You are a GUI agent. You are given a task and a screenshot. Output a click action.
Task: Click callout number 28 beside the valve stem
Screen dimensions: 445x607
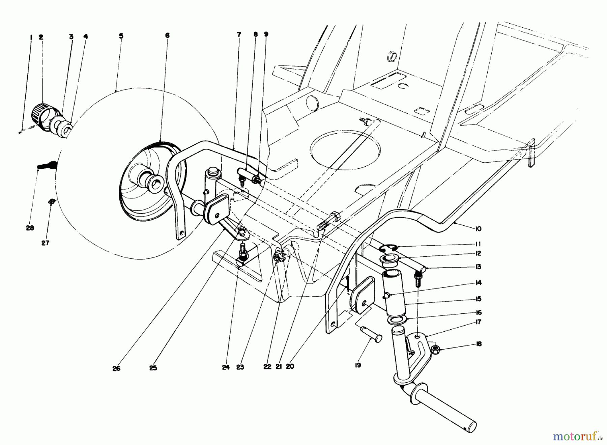point(30,228)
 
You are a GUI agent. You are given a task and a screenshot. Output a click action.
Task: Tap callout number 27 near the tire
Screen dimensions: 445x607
point(46,243)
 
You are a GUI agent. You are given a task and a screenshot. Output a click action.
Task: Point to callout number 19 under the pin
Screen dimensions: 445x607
point(358,365)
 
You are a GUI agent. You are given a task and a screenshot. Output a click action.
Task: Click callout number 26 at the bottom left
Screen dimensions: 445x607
point(116,368)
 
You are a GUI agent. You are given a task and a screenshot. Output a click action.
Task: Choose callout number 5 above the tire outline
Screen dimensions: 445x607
point(121,36)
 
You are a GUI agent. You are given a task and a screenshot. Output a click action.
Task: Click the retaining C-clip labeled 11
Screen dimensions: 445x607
point(387,249)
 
